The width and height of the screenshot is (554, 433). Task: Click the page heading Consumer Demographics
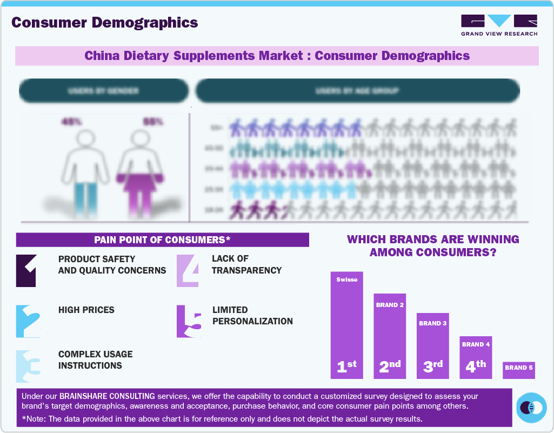pos(105,23)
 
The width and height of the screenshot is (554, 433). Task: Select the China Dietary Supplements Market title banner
pos(277,56)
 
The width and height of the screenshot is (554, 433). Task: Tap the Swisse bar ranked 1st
pos(346,325)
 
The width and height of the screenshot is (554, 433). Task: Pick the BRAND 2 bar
pos(390,336)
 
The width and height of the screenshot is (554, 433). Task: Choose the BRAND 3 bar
pos(432,346)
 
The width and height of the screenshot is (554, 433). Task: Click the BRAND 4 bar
pos(476,357)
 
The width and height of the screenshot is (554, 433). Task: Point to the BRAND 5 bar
pos(518,370)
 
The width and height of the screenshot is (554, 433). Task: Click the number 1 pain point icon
pos(26,270)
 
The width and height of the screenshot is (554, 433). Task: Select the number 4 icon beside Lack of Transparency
pos(188,270)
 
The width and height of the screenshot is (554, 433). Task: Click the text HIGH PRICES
pos(86,310)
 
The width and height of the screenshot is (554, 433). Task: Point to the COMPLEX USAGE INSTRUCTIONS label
pos(95,360)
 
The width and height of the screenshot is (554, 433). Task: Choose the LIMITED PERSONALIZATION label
pos(252,316)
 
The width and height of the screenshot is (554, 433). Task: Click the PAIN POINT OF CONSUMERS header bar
pos(162,240)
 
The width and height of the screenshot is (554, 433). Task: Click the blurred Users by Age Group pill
pos(357,91)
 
